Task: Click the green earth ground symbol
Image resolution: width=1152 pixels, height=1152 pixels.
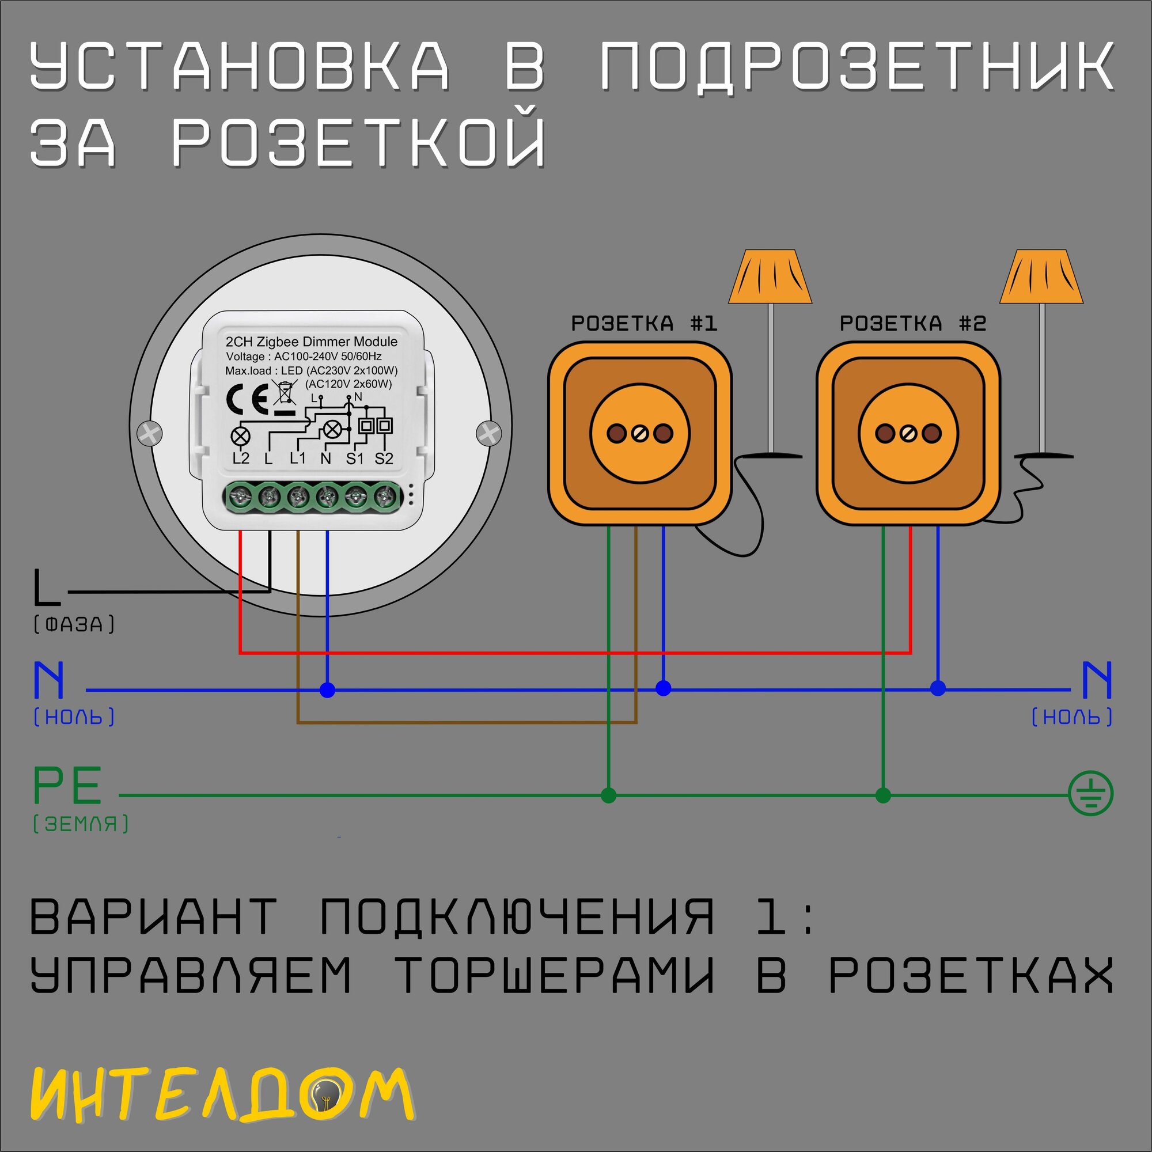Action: click(1090, 794)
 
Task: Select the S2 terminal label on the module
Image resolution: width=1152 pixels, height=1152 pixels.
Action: click(384, 458)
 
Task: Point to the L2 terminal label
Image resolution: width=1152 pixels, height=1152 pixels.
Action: click(241, 458)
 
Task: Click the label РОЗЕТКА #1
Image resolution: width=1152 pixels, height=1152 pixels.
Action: click(644, 324)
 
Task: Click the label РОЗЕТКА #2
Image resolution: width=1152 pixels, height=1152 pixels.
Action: click(912, 324)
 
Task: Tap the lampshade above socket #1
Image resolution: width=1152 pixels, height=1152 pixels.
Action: click(770, 277)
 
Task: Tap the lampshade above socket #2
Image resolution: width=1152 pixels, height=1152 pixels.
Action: click(1041, 277)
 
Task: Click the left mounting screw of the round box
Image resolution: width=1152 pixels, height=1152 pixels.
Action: click(150, 433)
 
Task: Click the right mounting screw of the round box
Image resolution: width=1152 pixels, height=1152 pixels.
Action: click(490, 433)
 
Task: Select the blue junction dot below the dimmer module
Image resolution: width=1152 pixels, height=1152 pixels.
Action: click(327, 690)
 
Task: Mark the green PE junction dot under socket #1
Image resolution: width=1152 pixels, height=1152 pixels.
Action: click(608, 795)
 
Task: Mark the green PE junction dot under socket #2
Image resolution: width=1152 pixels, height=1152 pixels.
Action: click(883, 795)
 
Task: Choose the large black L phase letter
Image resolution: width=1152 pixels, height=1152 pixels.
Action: click(46, 587)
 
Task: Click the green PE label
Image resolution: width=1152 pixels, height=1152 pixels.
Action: click(67, 785)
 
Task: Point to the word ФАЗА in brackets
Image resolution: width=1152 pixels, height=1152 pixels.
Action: click(74, 624)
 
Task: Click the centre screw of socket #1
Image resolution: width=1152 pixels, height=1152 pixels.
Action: click(640, 434)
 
